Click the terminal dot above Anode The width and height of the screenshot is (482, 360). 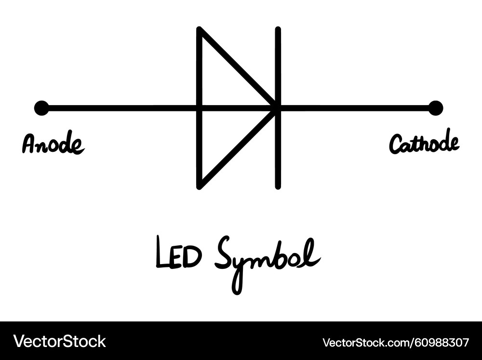(41, 108)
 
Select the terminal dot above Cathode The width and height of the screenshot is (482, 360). (435, 108)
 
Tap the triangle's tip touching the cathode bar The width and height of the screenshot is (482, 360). (275, 108)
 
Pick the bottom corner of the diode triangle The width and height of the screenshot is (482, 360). (199, 187)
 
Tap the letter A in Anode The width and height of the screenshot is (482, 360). (30, 144)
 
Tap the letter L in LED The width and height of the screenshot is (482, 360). (162, 252)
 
